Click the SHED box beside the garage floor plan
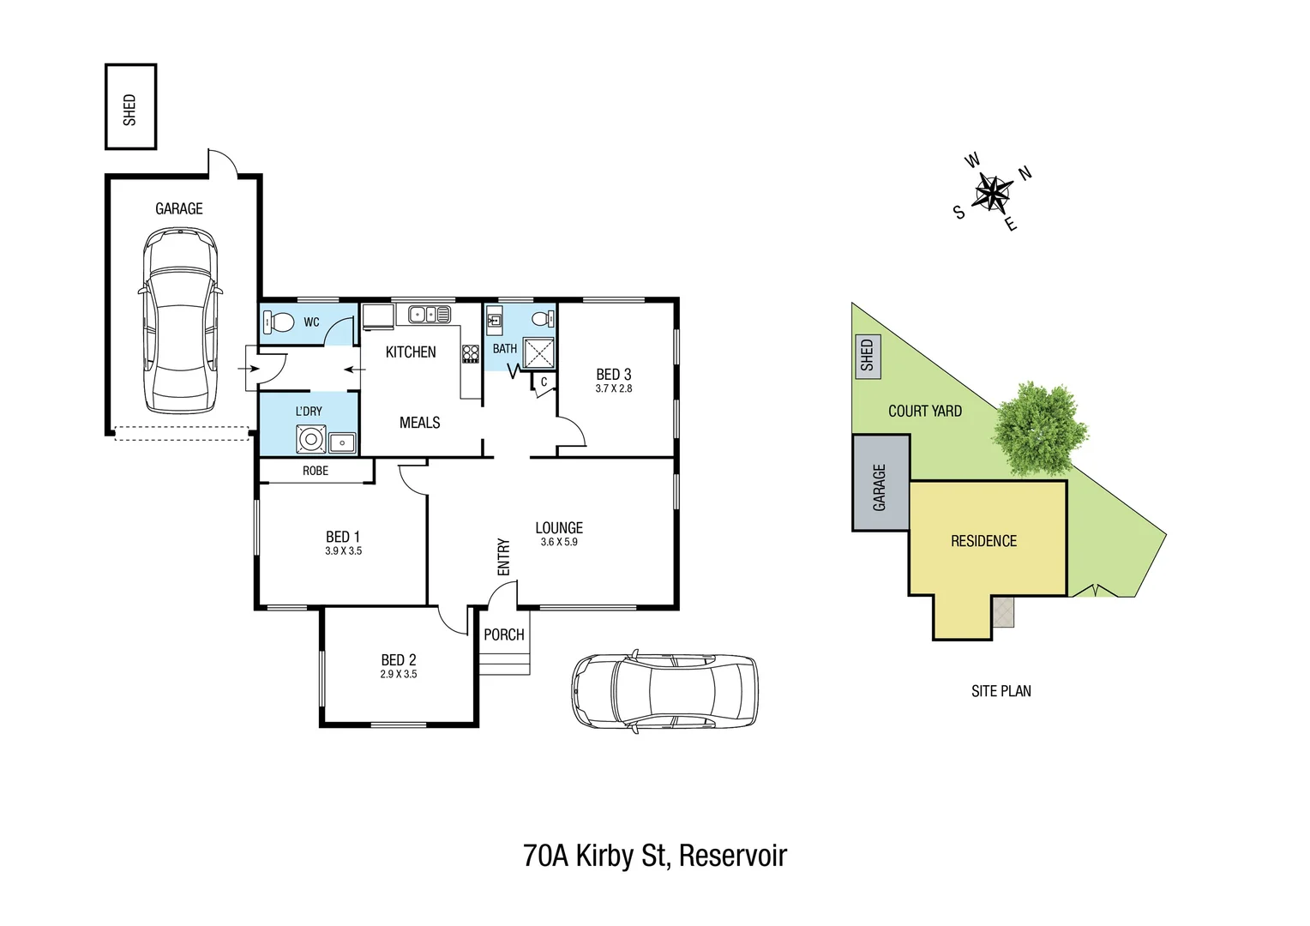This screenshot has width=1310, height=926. (x=130, y=107)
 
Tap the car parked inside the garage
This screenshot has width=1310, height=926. (x=180, y=321)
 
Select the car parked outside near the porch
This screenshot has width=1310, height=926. (x=664, y=690)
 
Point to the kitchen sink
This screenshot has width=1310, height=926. (x=429, y=314)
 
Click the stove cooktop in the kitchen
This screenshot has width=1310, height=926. (x=470, y=353)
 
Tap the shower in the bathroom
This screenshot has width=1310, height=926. (x=539, y=353)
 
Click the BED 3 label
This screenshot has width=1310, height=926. (x=614, y=375)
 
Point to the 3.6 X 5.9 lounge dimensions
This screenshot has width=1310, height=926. (x=559, y=542)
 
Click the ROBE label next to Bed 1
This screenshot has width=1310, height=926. (x=315, y=471)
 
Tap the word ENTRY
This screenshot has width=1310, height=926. (x=503, y=557)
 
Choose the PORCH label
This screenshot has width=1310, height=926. (x=504, y=634)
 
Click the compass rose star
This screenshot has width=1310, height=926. (x=993, y=192)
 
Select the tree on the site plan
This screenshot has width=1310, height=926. (x=1040, y=428)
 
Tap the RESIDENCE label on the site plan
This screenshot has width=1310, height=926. (x=983, y=541)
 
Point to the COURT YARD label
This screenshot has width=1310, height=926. (x=924, y=411)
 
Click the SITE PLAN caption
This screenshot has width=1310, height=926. (x=1001, y=691)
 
